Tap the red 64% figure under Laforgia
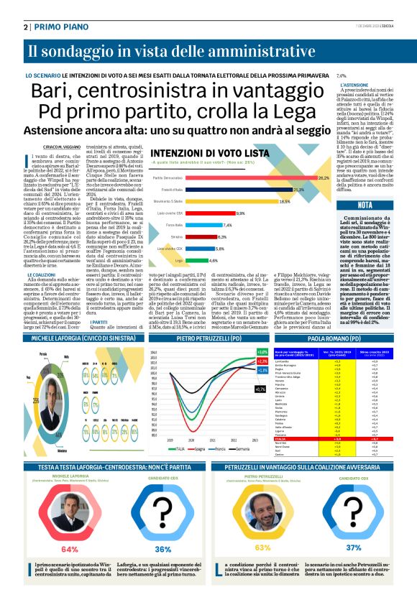(70, 549)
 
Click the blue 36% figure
(164, 549)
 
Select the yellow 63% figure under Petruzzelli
(263, 548)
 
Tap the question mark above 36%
(163, 515)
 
